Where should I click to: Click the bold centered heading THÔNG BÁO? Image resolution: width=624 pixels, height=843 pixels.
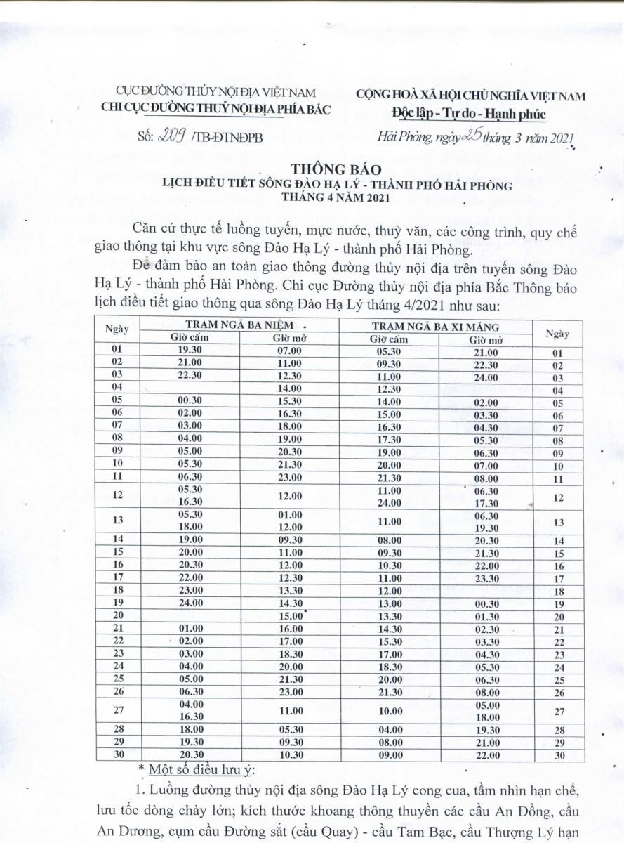(333, 169)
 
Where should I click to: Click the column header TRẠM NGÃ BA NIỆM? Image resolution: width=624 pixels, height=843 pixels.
(239, 326)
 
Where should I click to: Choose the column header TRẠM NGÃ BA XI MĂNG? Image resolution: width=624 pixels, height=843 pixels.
(435, 326)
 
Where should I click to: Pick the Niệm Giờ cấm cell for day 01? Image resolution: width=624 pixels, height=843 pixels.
(190, 350)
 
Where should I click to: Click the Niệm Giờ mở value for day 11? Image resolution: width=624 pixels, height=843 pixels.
(288, 478)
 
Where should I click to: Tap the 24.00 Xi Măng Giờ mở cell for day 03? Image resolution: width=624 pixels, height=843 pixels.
(485, 377)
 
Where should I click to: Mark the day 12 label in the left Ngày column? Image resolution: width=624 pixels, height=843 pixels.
(117, 496)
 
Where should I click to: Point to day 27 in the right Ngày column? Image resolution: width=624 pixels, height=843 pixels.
(559, 712)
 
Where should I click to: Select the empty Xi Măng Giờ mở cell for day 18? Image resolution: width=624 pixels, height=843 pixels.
(485, 591)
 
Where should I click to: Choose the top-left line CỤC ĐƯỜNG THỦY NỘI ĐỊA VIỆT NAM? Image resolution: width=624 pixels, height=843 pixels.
(215, 93)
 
